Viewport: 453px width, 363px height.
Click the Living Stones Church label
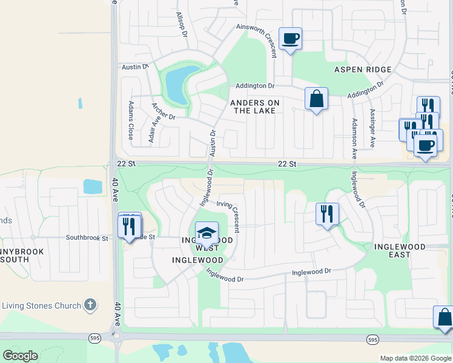pyautogui.click(x=41, y=306)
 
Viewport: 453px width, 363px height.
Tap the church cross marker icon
pyautogui.click(x=90, y=305)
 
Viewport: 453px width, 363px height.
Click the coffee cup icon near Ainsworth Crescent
pyautogui.click(x=290, y=39)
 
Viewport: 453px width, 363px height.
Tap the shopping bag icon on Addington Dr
pyautogui.click(x=316, y=99)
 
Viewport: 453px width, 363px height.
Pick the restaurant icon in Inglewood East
pyautogui.click(x=327, y=214)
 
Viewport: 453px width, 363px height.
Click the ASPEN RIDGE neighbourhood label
pyautogui.click(x=363, y=70)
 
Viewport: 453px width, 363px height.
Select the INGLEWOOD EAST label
pyautogui.click(x=400, y=250)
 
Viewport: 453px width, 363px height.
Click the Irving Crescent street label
pyautogui.click(x=228, y=217)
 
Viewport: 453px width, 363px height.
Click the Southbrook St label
pyautogui.click(x=87, y=238)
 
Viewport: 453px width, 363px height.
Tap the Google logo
pyautogui.click(x=20, y=356)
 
